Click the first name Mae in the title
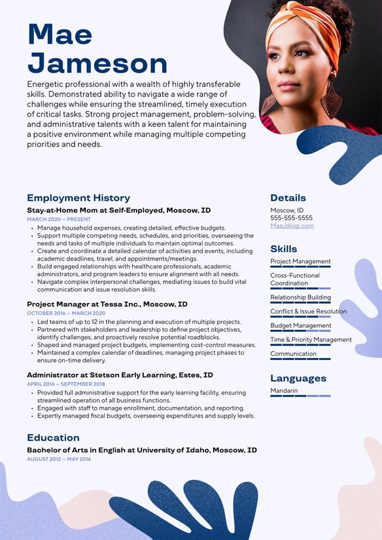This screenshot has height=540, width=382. point(60,34)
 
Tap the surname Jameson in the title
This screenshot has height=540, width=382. point(97,63)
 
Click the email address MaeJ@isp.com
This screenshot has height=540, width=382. point(292,226)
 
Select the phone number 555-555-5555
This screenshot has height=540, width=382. point(291,218)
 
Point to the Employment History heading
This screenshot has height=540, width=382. point(78,198)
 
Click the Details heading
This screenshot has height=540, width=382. point(288,198)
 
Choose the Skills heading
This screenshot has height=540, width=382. point(283,249)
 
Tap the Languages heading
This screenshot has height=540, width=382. point(298,378)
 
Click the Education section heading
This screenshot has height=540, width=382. point(53,437)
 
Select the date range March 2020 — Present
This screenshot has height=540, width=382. point(59,219)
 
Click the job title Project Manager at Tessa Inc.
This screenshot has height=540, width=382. point(107,304)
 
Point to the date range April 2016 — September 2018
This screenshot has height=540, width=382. point(66,384)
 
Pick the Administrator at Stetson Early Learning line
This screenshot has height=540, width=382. point(120,375)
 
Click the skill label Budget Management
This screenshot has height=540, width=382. point(301,325)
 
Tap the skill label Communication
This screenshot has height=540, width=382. point(293,353)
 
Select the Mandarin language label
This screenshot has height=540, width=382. point(284,391)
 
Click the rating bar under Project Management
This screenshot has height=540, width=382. point(300,267)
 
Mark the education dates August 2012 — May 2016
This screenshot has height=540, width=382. point(59,459)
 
